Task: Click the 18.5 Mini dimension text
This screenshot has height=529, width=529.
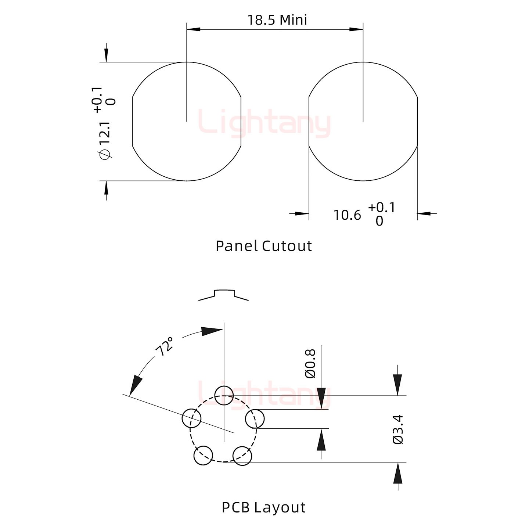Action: (x=277, y=20)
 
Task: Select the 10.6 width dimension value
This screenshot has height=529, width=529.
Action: (x=347, y=215)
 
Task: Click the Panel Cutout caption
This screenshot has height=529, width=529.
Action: (x=263, y=246)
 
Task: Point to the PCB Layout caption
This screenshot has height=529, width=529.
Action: (x=263, y=507)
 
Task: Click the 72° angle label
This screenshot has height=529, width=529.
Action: (x=165, y=346)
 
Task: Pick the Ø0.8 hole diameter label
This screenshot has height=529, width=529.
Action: (x=310, y=364)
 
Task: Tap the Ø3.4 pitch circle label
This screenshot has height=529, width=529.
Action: (x=398, y=429)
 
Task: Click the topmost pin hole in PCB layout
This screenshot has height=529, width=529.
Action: (x=224, y=396)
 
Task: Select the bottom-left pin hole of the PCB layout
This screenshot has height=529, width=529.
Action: (x=203, y=456)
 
